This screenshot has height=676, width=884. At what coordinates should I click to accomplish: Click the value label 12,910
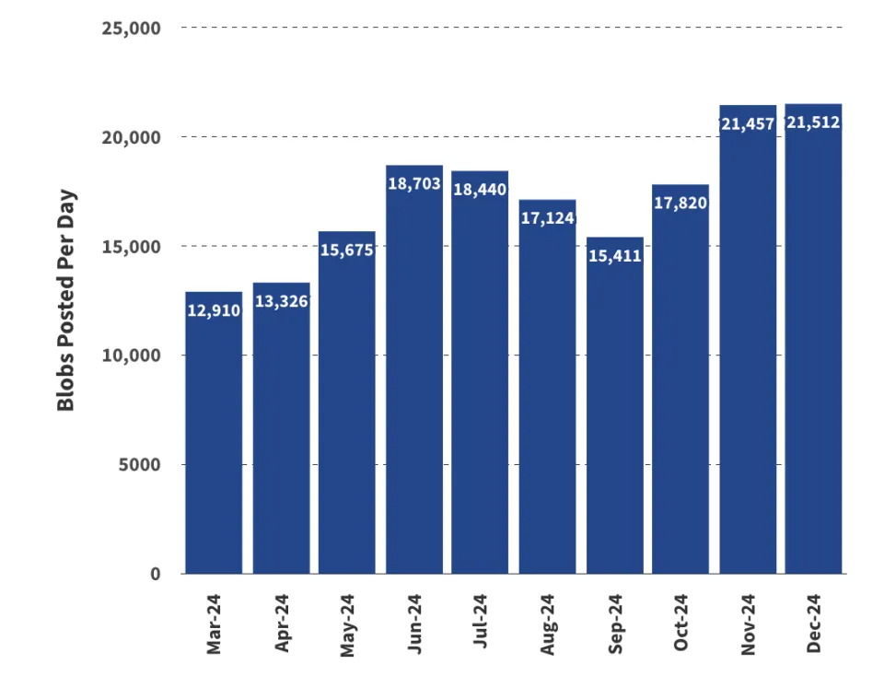(214, 311)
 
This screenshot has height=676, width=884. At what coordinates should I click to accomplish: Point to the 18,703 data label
(414, 184)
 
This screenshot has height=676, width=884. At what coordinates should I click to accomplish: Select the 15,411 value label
(615, 256)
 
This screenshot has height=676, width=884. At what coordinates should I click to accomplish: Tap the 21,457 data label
(748, 123)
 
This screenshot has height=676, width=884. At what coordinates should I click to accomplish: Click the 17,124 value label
(547, 218)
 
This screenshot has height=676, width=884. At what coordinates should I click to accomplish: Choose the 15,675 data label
(346, 250)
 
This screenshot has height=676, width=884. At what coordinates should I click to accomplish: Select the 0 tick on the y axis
(155, 574)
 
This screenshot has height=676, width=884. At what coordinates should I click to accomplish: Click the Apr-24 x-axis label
(282, 624)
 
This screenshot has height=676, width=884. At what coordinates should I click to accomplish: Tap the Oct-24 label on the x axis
(681, 624)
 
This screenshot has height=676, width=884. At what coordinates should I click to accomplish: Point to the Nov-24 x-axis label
(748, 624)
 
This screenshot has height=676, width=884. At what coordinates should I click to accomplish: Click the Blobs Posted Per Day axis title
(65, 300)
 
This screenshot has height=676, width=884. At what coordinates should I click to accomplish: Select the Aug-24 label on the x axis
(548, 624)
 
